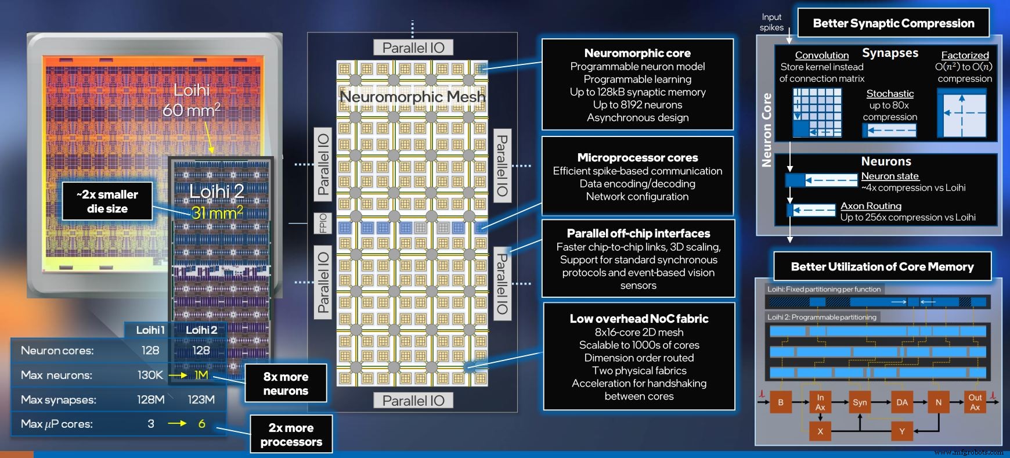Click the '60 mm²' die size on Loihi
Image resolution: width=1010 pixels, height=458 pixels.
(191, 109)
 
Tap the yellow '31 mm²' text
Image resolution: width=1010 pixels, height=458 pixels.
(217, 213)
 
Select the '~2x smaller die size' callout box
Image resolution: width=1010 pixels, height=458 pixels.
(107, 201)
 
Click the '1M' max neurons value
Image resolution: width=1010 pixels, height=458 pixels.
(201, 375)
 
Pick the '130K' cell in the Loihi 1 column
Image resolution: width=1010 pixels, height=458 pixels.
(150, 375)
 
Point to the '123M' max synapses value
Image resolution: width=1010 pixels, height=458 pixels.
(201, 399)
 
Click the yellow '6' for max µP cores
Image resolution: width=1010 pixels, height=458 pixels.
(201, 424)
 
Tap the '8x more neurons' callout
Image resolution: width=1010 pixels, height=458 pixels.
(286, 383)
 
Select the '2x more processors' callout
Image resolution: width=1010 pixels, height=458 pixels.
(291, 434)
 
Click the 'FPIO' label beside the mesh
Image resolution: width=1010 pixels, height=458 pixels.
(323, 223)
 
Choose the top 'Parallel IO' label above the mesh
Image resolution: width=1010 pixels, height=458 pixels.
(413, 48)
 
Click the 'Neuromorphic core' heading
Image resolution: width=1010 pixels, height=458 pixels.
(637, 53)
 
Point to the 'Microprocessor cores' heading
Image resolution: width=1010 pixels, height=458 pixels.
(637, 157)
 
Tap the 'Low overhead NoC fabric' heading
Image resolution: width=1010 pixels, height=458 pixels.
(639, 319)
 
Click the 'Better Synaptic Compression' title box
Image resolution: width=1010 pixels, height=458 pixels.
(893, 23)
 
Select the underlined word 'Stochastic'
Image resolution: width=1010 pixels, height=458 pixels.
(890, 93)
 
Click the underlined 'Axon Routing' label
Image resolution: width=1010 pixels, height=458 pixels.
(871, 205)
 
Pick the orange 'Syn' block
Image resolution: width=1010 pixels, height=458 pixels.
(860, 402)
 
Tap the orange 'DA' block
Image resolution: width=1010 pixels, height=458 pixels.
(901, 402)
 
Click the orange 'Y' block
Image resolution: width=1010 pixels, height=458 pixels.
(901, 431)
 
